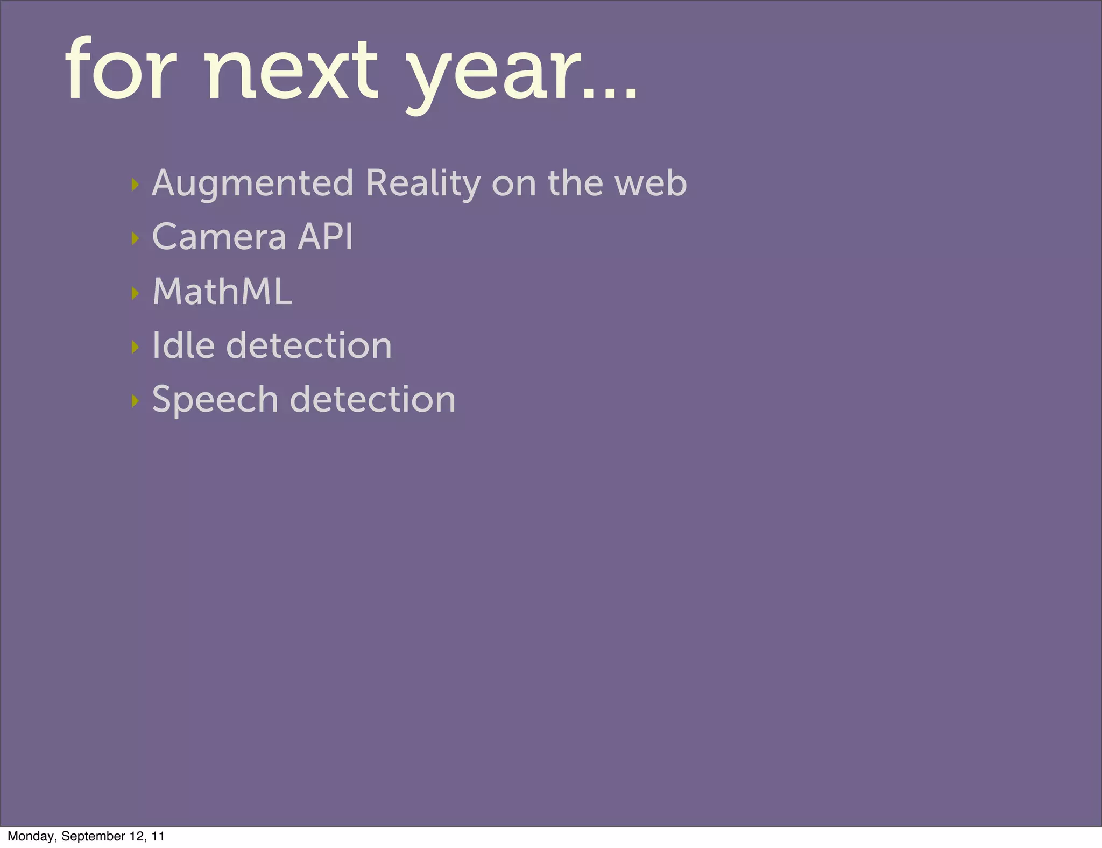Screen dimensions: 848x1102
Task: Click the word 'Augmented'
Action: tap(252, 184)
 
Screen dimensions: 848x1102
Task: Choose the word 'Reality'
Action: tap(423, 184)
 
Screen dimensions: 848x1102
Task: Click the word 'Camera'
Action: tap(219, 237)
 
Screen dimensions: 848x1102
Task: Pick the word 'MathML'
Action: tap(222, 292)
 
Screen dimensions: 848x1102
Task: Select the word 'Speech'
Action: tap(215, 400)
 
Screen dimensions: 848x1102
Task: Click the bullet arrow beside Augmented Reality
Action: tap(135, 185)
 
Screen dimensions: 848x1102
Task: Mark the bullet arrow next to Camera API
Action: tap(135, 238)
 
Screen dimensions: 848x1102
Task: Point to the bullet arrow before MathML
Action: tap(135, 293)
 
